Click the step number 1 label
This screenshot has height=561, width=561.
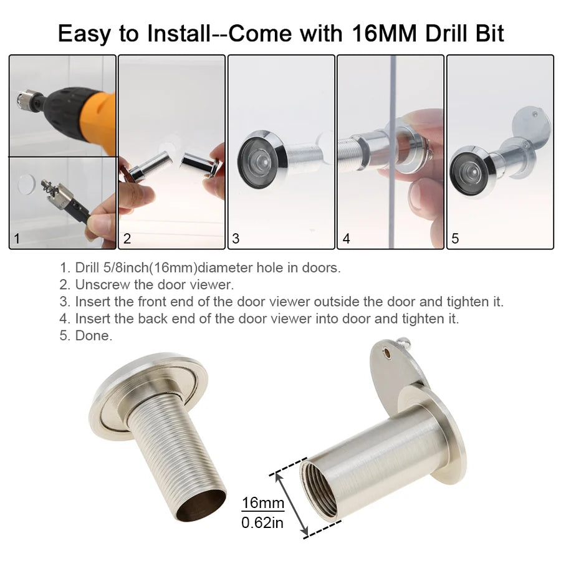[17, 239]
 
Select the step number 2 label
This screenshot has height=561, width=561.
[127, 239]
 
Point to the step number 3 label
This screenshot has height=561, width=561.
[236, 239]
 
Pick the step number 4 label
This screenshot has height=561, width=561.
[346, 239]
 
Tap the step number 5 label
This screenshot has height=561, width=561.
[455, 239]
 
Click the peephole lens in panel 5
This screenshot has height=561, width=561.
[468, 170]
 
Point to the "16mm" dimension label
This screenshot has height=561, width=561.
[262, 503]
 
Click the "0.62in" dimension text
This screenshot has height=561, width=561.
[262, 522]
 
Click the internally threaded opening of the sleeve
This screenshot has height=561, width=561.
[319, 487]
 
